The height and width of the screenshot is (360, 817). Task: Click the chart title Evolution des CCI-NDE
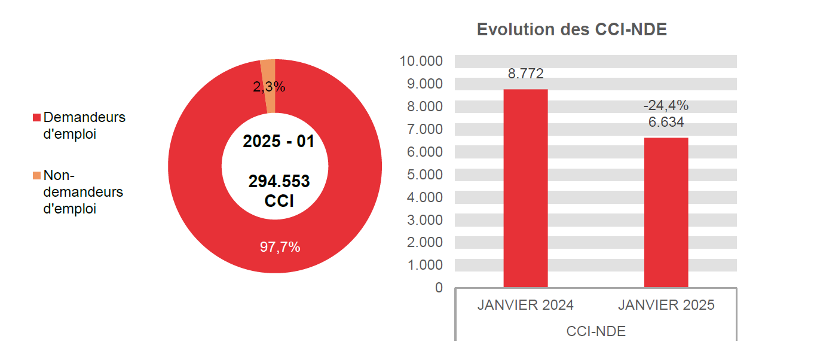(571, 29)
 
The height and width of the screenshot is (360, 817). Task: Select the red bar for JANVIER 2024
(525, 188)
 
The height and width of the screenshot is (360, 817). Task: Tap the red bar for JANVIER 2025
(666, 212)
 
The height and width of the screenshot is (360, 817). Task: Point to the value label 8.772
(525, 74)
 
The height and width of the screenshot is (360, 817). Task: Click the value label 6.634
(666, 123)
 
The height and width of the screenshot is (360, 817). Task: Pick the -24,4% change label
(666, 106)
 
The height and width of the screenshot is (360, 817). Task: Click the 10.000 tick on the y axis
(421, 61)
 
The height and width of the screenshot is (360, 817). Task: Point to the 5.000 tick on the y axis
(425, 175)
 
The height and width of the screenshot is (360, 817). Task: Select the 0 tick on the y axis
(439, 288)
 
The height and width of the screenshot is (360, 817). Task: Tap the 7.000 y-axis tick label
(425, 129)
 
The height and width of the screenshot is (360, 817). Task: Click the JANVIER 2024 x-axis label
(525, 305)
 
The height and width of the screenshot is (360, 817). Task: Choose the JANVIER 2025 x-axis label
(666, 305)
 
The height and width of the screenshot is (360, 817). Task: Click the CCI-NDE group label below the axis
(596, 331)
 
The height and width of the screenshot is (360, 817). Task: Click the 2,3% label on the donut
(269, 87)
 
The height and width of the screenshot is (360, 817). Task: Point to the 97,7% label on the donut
(280, 247)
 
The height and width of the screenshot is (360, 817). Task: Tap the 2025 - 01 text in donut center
(279, 142)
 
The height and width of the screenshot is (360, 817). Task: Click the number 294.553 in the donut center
(279, 181)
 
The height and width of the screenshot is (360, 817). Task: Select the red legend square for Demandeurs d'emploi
(36, 117)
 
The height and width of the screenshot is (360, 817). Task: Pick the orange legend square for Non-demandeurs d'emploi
(36, 176)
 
